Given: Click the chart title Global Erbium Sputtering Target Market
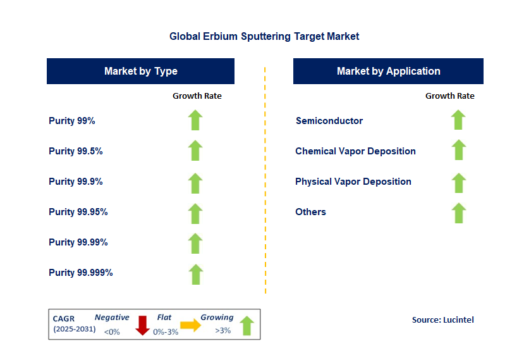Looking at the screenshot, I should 264,36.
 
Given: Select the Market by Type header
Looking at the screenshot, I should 140,71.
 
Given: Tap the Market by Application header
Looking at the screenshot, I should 388,71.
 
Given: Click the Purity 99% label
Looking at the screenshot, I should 72,120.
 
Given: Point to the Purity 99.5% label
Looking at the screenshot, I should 76,151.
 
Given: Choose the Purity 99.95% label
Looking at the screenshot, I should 78,212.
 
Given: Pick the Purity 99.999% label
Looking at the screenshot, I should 81,273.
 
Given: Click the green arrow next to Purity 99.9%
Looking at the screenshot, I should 195,182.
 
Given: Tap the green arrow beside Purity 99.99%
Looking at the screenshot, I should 195,243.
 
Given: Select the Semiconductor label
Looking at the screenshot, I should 329,120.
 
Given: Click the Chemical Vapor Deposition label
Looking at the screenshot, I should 355,151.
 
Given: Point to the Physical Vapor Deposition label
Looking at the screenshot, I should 353,182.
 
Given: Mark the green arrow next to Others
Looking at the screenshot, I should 459,213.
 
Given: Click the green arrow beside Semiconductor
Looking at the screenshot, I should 459,120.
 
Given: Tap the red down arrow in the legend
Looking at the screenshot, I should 143,325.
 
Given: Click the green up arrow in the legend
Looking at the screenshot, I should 247,325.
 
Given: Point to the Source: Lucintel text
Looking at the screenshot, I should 442,320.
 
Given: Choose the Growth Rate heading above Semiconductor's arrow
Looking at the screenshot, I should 449,96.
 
